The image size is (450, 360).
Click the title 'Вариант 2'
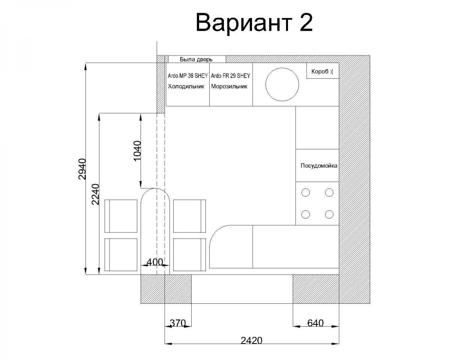[x=254, y=22]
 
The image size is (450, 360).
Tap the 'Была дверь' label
[x=196, y=59]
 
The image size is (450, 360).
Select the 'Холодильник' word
[x=186, y=86]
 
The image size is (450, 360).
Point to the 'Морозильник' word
[x=229, y=86]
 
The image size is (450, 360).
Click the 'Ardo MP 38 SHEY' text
[x=187, y=76]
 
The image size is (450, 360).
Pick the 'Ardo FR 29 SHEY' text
[x=230, y=76]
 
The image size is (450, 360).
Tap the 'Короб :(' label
[x=322, y=72]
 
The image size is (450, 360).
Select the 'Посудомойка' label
[x=319, y=166]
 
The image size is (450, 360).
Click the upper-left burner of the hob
[x=306, y=192]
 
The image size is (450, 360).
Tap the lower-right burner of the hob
[x=329, y=214]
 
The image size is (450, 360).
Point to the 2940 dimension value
[x=82, y=169]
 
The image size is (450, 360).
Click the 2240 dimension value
[x=95, y=194]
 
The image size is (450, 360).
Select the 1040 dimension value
[x=137, y=151]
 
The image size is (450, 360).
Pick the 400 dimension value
[x=155, y=262]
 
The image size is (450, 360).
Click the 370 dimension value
[x=178, y=323]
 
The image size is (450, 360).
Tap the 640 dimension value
[x=315, y=323]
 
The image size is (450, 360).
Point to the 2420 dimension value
[x=251, y=340]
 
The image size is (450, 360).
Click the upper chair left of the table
[x=121, y=216]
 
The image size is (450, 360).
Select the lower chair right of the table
[x=189, y=255]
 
